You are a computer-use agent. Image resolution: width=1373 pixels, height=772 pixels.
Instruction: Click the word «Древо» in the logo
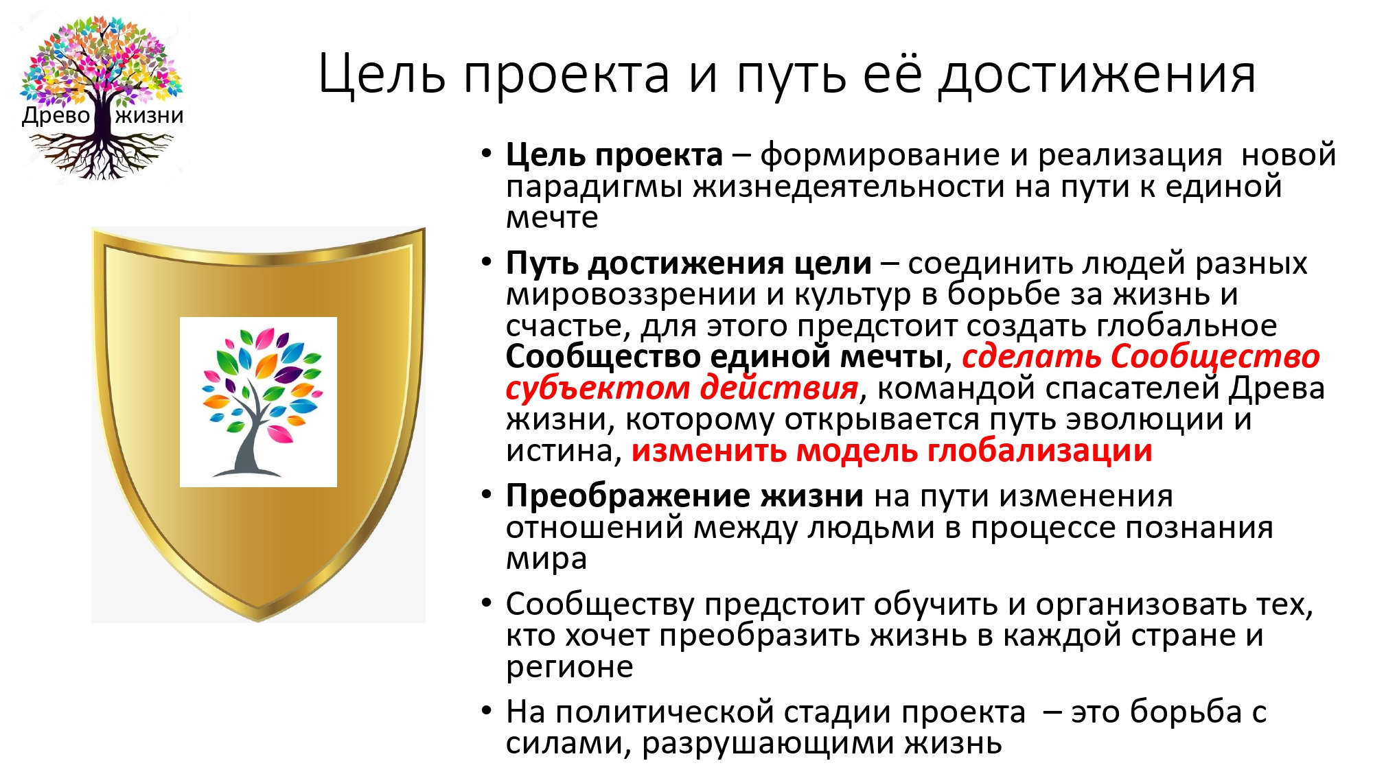click(56, 115)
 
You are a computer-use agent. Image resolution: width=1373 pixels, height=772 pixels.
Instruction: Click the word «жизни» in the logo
click(150, 115)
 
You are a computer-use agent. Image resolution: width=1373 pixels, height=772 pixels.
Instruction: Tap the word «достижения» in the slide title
click(1098, 74)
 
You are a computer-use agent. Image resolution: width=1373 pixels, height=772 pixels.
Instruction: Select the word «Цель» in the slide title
click(382, 74)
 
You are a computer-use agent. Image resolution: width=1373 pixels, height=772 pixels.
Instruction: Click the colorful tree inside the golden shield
click(259, 402)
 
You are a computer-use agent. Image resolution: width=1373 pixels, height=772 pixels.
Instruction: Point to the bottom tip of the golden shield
click(258, 621)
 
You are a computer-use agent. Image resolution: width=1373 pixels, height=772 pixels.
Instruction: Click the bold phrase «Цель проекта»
click(614, 155)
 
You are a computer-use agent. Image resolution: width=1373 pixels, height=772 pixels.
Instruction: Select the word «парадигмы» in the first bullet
click(594, 187)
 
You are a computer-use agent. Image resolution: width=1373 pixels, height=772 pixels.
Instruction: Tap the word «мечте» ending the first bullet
click(552, 218)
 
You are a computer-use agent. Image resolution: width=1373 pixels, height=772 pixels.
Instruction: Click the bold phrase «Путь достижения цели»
click(689, 264)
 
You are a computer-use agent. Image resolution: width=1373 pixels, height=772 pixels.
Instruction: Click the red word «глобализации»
click(1039, 451)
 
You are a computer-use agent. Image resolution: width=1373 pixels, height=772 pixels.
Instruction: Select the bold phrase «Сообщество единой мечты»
click(724, 357)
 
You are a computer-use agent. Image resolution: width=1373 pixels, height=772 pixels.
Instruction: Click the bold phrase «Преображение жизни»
click(684, 496)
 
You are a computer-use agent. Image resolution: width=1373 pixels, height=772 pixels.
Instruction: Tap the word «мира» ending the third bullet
click(546, 560)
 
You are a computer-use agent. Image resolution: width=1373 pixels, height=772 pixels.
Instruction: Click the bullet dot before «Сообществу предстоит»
click(487, 604)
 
